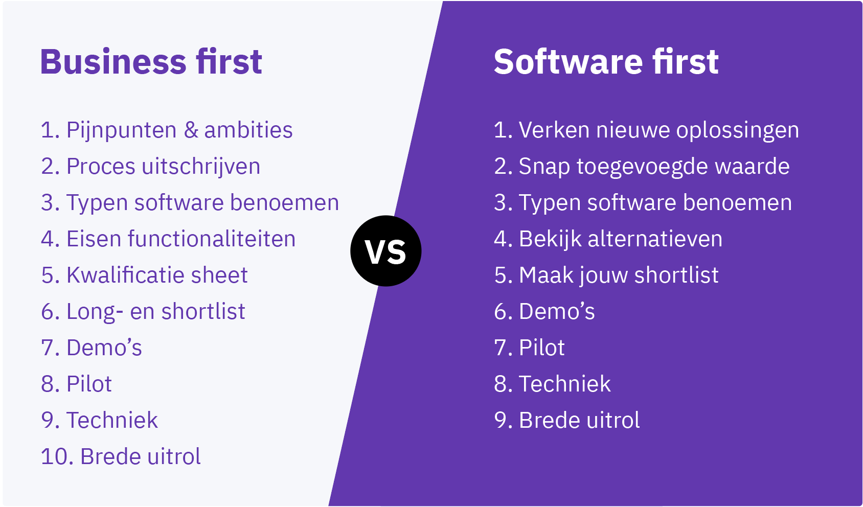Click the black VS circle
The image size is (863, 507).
(x=385, y=251)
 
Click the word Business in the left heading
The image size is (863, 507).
(x=113, y=62)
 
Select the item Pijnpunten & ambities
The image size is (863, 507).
(x=179, y=130)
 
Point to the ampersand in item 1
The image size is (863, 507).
(x=191, y=130)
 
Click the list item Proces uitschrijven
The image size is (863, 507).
(x=164, y=167)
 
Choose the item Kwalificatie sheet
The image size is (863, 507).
(x=157, y=275)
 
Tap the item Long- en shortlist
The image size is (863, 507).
(x=155, y=311)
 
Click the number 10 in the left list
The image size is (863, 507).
(x=57, y=457)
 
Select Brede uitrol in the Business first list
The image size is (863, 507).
(x=140, y=456)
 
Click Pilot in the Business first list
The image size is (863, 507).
(x=89, y=384)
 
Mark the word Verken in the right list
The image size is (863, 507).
(x=554, y=130)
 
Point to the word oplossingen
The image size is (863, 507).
(x=737, y=131)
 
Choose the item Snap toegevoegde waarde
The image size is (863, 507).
(x=654, y=167)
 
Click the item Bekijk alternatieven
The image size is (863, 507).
(x=621, y=239)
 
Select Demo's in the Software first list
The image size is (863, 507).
(x=557, y=311)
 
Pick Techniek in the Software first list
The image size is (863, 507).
(x=565, y=384)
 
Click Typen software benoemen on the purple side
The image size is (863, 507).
(x=655, y=202)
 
